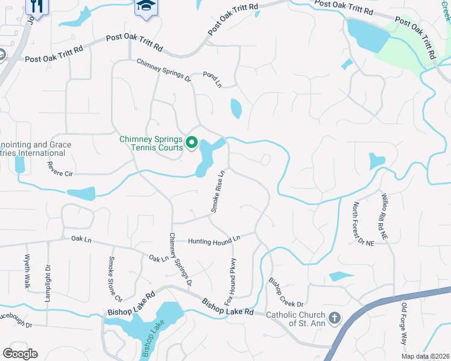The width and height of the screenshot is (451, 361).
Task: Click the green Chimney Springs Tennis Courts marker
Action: click(x=192, y=143)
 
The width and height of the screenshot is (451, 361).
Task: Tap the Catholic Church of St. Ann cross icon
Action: click(x=335, y=317)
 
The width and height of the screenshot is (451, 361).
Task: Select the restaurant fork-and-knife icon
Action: click(x=37, y=7)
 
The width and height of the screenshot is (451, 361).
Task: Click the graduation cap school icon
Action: click(x=144, y=7)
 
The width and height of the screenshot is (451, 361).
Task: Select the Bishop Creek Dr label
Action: click(x=285, y=291)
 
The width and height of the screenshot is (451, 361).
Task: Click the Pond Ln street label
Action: click(x=212, y=80)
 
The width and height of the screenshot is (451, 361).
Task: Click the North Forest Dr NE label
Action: click(x=363, y=223)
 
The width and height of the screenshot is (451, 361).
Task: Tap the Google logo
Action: click(x=20, y=353)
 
